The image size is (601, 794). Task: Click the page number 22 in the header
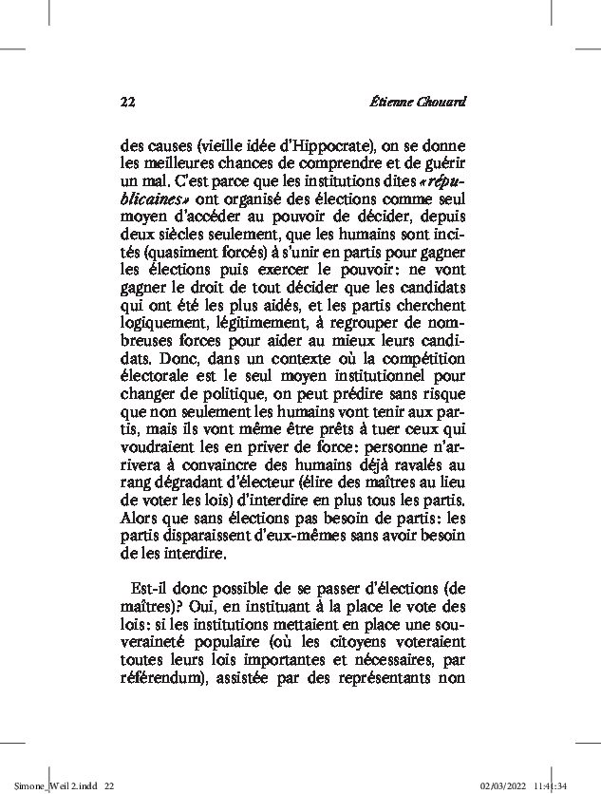pos(129,101)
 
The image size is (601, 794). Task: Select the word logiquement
pos(161,317)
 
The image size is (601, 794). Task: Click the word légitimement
pos(272,317)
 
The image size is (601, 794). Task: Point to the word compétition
pos(420,369)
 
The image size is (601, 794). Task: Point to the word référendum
pos(163,678)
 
